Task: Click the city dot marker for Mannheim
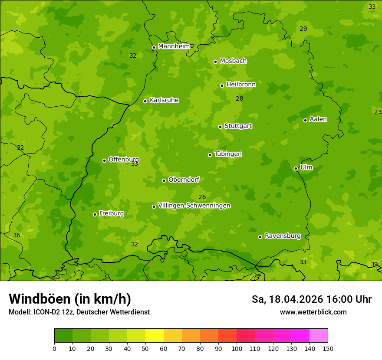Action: [154, 48]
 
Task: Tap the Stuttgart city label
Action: [238, 126]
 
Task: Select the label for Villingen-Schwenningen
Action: [194, 206]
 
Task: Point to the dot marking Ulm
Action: [296, 168]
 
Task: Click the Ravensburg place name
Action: [283, 236]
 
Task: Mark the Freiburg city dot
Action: [95, 214]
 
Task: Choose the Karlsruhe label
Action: [164, 100]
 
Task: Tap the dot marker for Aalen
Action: [305, 120]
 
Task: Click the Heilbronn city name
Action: [241, 85]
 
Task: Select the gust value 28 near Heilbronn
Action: [239, 98]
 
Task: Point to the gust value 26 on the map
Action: [202, 197]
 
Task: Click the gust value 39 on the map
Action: [374, 264]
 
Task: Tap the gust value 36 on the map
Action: [16, 235]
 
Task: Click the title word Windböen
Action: [40, 299]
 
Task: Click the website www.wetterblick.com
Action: [313, 312]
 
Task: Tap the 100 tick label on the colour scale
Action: [237, 348]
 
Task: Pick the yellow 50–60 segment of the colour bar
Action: [155, 336]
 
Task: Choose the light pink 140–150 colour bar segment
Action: [319, 336]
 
